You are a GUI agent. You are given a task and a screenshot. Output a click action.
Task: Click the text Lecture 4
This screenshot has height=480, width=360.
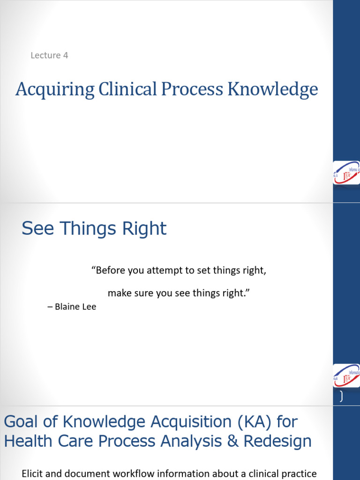click(x=49, y=55)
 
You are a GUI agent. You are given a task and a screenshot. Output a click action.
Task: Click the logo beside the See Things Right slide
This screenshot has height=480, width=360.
click(x=346, y=376)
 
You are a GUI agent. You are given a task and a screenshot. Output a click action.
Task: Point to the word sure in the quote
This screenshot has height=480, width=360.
click(x=141, y=293)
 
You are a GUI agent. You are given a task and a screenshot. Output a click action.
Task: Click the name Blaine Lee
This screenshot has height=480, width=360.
click(x=75, y=307)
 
